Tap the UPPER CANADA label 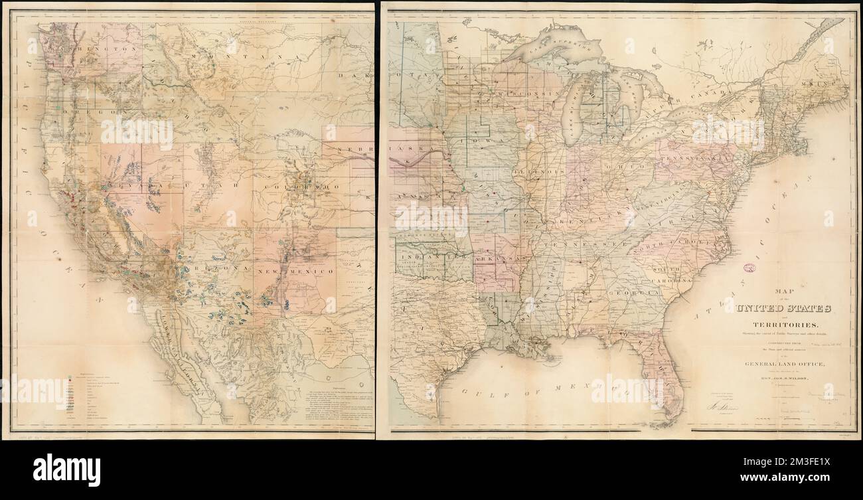(x=677, y=108)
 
